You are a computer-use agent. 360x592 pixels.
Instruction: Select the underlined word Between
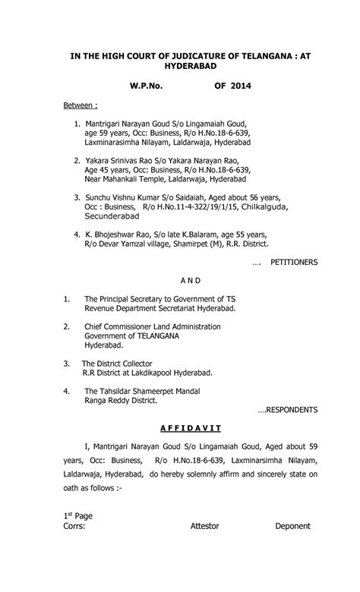tap(80, 103)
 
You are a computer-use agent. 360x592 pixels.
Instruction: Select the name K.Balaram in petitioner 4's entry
tap(187, 235)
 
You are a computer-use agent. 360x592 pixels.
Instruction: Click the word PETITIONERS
tap(289, 262)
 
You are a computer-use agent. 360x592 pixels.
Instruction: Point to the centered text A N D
tap(180, 279)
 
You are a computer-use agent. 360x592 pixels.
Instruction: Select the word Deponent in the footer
tap(292, 525)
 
